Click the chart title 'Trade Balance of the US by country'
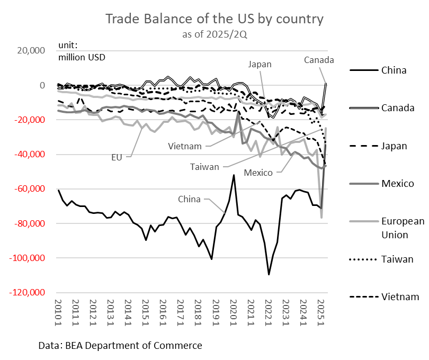[214, 19]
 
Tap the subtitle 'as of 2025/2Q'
[214, 35]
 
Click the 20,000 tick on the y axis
[31, 51]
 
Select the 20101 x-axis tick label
[59, 312]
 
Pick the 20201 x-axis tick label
[233, 312]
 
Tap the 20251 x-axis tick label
[320, 312]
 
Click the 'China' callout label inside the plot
[189, 199]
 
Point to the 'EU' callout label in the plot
[118, 157]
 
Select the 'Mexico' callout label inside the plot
[258, 173]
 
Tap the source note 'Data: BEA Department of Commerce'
[120, 346]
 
